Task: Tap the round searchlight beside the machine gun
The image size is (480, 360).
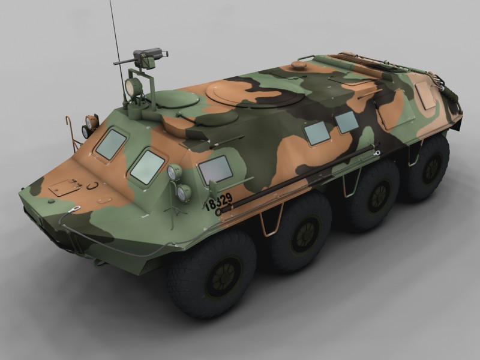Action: tap(133, 86)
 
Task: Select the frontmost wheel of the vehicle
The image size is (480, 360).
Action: tap(212, 273)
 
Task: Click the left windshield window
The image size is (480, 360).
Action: tap(111, 144)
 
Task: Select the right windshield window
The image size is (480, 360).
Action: tap(147, 167)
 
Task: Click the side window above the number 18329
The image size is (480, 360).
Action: tap(215, 169)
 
